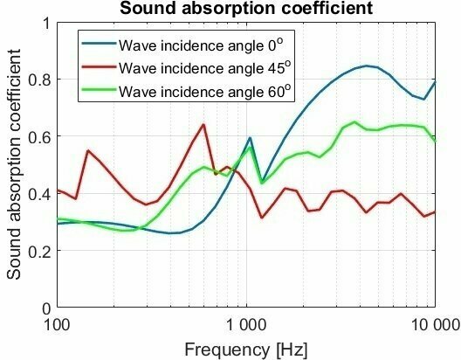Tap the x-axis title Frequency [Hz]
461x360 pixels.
click(x=245, y=349)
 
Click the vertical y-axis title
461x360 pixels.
click(x=15, y=166)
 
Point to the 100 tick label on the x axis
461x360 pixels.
click(x=57, y=325)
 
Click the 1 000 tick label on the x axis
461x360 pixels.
click(x=246, y=325)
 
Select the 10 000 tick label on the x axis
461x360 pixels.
click(x=434, y=325)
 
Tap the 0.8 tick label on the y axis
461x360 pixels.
click(x=40, y=80)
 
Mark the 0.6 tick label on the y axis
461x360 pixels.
click(x=40, y=136)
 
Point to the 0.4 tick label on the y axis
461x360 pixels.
click(x=40, y=194)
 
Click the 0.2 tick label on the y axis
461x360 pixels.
click(x=40, y=251)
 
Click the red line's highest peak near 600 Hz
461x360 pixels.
click(x=203, y=124)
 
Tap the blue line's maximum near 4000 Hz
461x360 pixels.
click(x=367, y=66)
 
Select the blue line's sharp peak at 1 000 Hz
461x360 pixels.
click(x=250, y=138)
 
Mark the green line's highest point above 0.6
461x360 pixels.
click(x=354, y=122)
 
